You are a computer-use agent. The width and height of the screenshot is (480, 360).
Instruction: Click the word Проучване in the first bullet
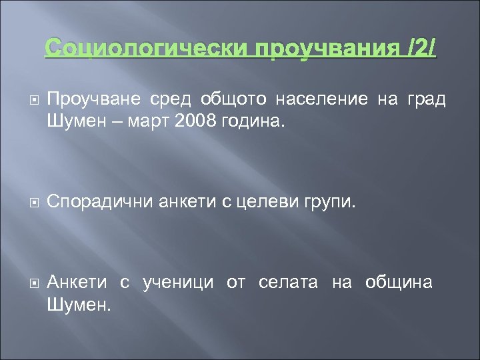94,99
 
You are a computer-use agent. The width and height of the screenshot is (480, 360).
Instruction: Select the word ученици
178,282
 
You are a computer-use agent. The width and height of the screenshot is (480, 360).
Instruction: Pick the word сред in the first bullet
164,99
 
